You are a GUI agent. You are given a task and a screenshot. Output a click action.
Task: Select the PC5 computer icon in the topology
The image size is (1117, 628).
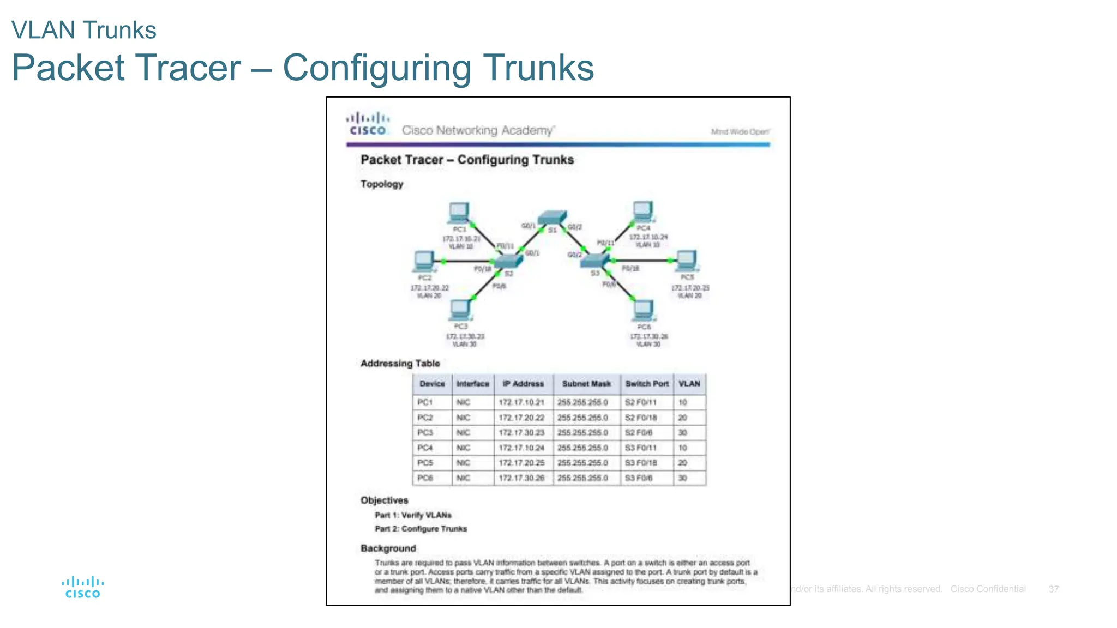tap(686, 261)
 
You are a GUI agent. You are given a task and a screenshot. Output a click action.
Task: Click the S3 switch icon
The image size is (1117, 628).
tap(594, 261)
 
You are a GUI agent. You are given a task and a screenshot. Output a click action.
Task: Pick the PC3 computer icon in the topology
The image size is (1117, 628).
tap(460, 310)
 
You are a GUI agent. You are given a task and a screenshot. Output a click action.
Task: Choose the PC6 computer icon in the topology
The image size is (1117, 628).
tap(644, 310)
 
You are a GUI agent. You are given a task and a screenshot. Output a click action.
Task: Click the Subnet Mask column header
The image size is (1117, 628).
tap(586, 384)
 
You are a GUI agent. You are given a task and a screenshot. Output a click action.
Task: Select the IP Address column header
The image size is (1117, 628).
tap(523, 384)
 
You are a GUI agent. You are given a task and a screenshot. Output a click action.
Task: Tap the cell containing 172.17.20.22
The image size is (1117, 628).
tap(521, 418)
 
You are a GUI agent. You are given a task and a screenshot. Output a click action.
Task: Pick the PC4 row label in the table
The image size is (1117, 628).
tap(425, 448)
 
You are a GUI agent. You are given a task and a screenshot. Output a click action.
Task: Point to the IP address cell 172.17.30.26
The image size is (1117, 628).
tap(521, 478)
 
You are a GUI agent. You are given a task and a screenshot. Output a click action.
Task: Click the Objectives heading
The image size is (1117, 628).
tap(384, 500)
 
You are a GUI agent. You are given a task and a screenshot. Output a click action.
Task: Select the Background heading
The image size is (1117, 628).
tap(388, 548)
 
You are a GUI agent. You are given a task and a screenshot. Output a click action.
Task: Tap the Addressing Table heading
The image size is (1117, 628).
tap(400, 364)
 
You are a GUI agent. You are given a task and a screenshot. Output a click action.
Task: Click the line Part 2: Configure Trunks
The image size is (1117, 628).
tap(421, 529)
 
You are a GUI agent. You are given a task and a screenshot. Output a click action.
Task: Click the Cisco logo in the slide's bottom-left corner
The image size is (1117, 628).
tap(82, 588)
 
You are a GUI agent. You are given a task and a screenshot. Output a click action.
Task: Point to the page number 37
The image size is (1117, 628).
tap(1053, 589)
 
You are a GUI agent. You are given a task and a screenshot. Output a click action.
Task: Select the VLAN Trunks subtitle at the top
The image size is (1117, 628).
tap(84, 30)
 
